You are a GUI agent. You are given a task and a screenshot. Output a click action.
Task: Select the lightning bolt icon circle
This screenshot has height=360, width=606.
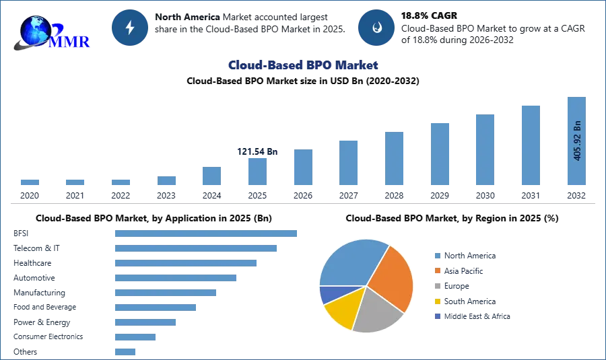click(x=130, y=28)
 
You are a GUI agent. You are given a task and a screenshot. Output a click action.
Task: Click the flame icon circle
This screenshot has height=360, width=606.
click(x=376, y=28)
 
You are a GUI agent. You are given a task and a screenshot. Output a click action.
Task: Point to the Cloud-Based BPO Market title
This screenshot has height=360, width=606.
click(x=303, y=65)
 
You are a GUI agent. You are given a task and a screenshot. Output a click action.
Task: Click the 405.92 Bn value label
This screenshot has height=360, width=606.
click(x=577, y=141)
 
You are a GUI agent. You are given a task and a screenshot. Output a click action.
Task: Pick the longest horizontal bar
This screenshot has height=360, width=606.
click(x=207, y=232)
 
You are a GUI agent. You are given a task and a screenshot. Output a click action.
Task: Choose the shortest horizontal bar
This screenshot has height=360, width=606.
click(x=126, y=350)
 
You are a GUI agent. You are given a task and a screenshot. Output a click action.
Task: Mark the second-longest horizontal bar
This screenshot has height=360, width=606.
click(x=196, y=248)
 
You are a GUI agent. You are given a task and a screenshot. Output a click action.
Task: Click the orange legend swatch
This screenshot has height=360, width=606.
click(x=437, y=271)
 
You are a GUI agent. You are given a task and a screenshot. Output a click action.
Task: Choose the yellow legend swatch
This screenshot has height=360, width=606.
click(x=437, y=301)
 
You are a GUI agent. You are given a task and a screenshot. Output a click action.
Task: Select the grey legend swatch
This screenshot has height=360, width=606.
click(x=437, y=286)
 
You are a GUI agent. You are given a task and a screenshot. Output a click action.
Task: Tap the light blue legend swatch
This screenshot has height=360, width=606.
click(x=437, y=256)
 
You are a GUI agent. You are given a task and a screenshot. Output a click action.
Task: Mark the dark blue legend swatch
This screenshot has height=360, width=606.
click(x=437, y=316)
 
